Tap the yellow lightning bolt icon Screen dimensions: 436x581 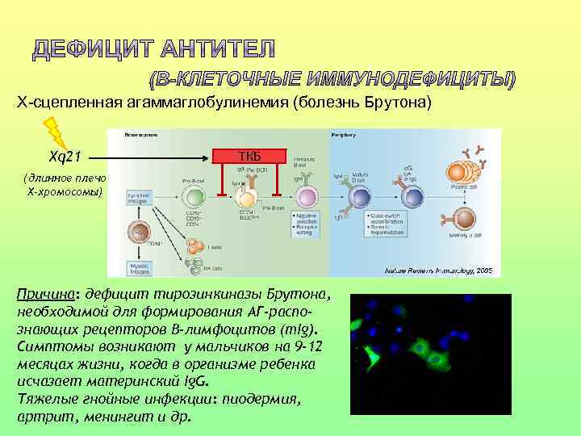coord(54,132)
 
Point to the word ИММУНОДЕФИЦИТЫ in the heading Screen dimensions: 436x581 coord(420,79)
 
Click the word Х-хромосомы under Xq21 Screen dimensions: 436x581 coord(65,193)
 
